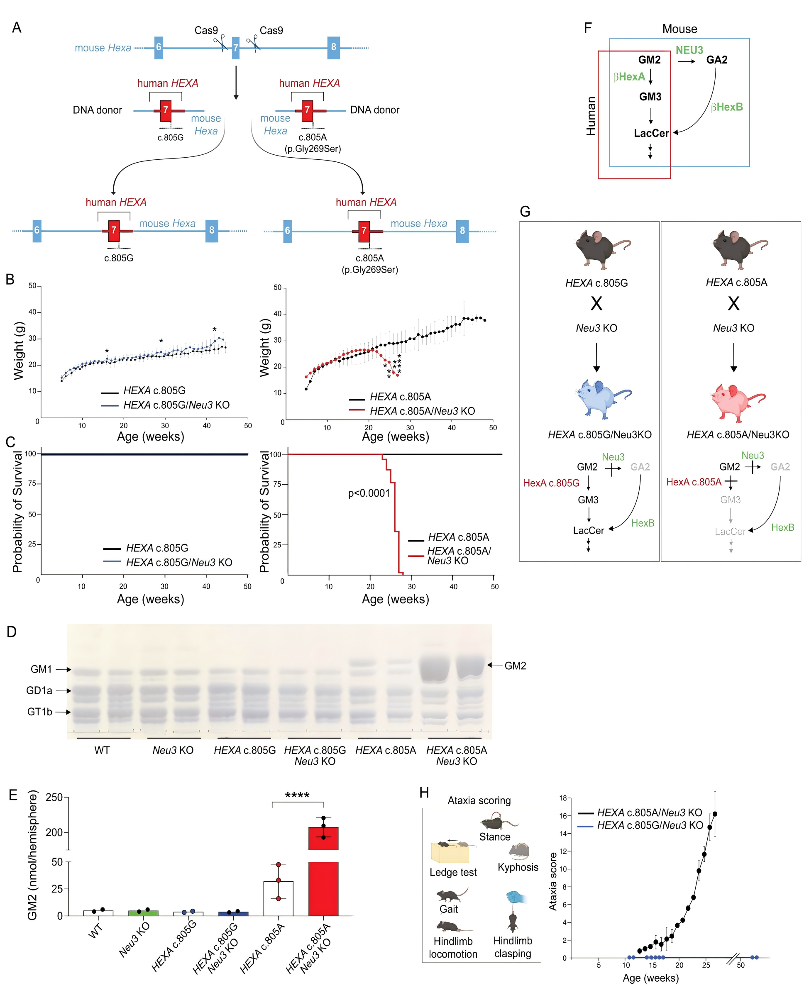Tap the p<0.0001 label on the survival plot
pos(369,493)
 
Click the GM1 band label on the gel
pos(41,669)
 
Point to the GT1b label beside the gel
pos(39,711)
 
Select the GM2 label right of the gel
pos(515,666)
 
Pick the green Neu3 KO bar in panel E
pos(143,913)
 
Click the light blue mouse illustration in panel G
pos(601,398)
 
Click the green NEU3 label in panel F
pos(689,50)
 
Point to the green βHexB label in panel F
pos(726,107)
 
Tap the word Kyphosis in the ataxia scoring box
pos(518,867)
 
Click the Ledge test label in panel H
pos(453,872)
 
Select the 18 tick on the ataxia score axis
pos(563,798)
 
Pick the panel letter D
pos(12,632)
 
